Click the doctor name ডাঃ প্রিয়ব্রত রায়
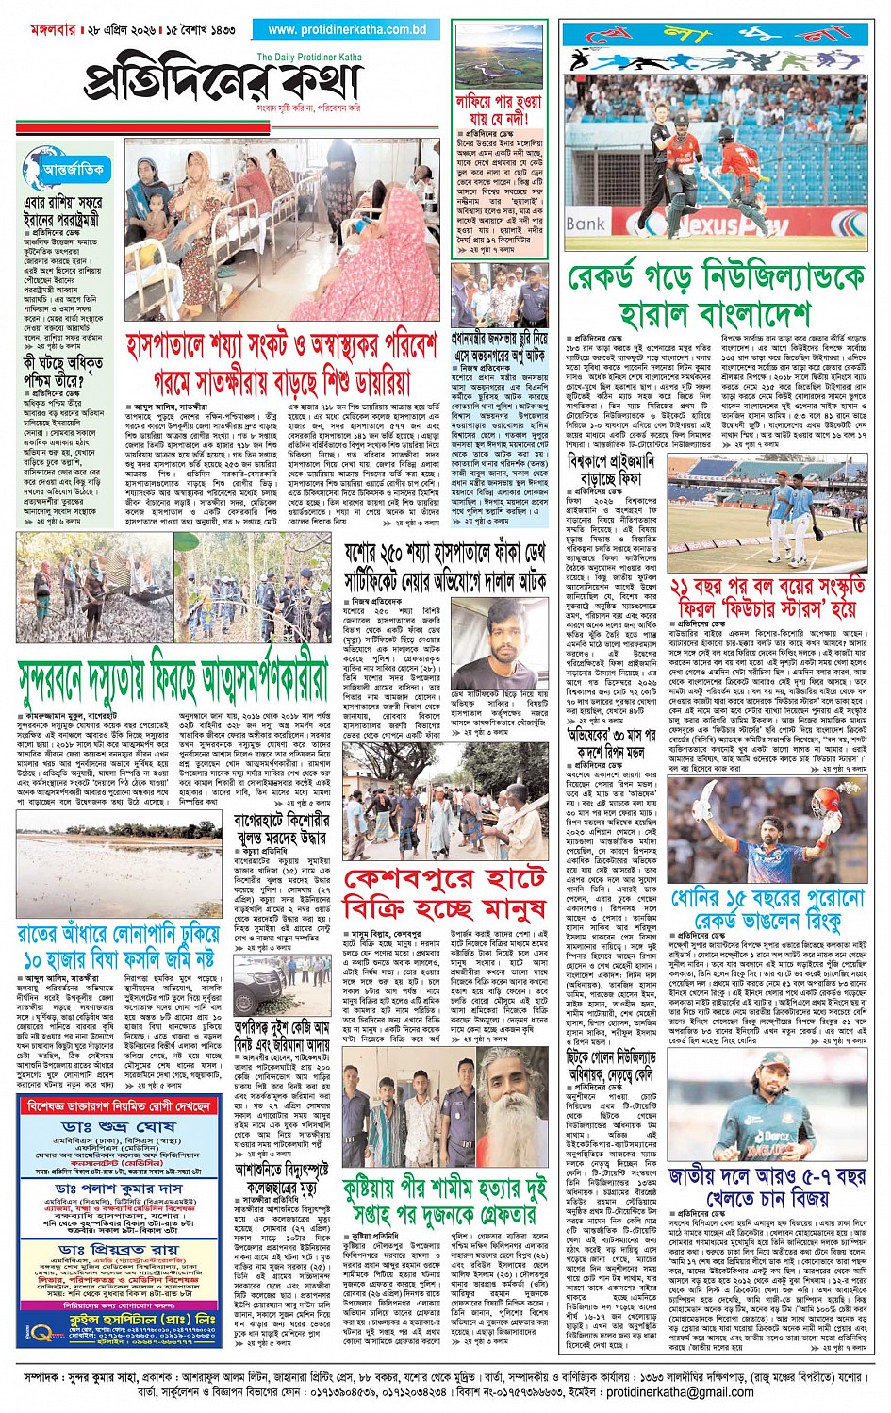(x=117, y=1250)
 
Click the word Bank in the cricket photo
(x=586, y=224)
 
